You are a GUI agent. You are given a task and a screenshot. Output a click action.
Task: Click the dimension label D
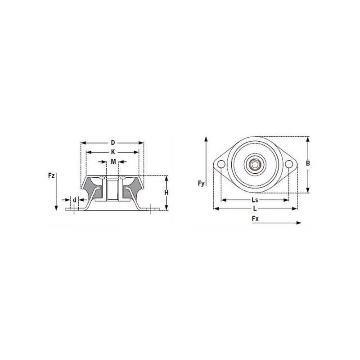coord(113,143)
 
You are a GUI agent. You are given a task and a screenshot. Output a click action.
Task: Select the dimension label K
coord(113,152)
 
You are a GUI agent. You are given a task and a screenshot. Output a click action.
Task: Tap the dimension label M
coord(113,162)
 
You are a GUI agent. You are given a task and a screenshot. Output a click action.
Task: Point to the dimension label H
coord(166,193)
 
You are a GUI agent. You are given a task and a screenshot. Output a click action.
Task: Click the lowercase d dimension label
coord(74,200)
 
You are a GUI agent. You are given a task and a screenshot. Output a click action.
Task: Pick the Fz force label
coord(51,175)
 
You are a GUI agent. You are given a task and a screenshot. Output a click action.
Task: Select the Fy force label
coord(201,184)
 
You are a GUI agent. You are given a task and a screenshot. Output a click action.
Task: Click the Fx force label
coord(255,219)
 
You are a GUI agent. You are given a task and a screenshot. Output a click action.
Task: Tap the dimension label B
coord(308,163)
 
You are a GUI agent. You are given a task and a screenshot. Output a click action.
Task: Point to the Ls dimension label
coord(255,200)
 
